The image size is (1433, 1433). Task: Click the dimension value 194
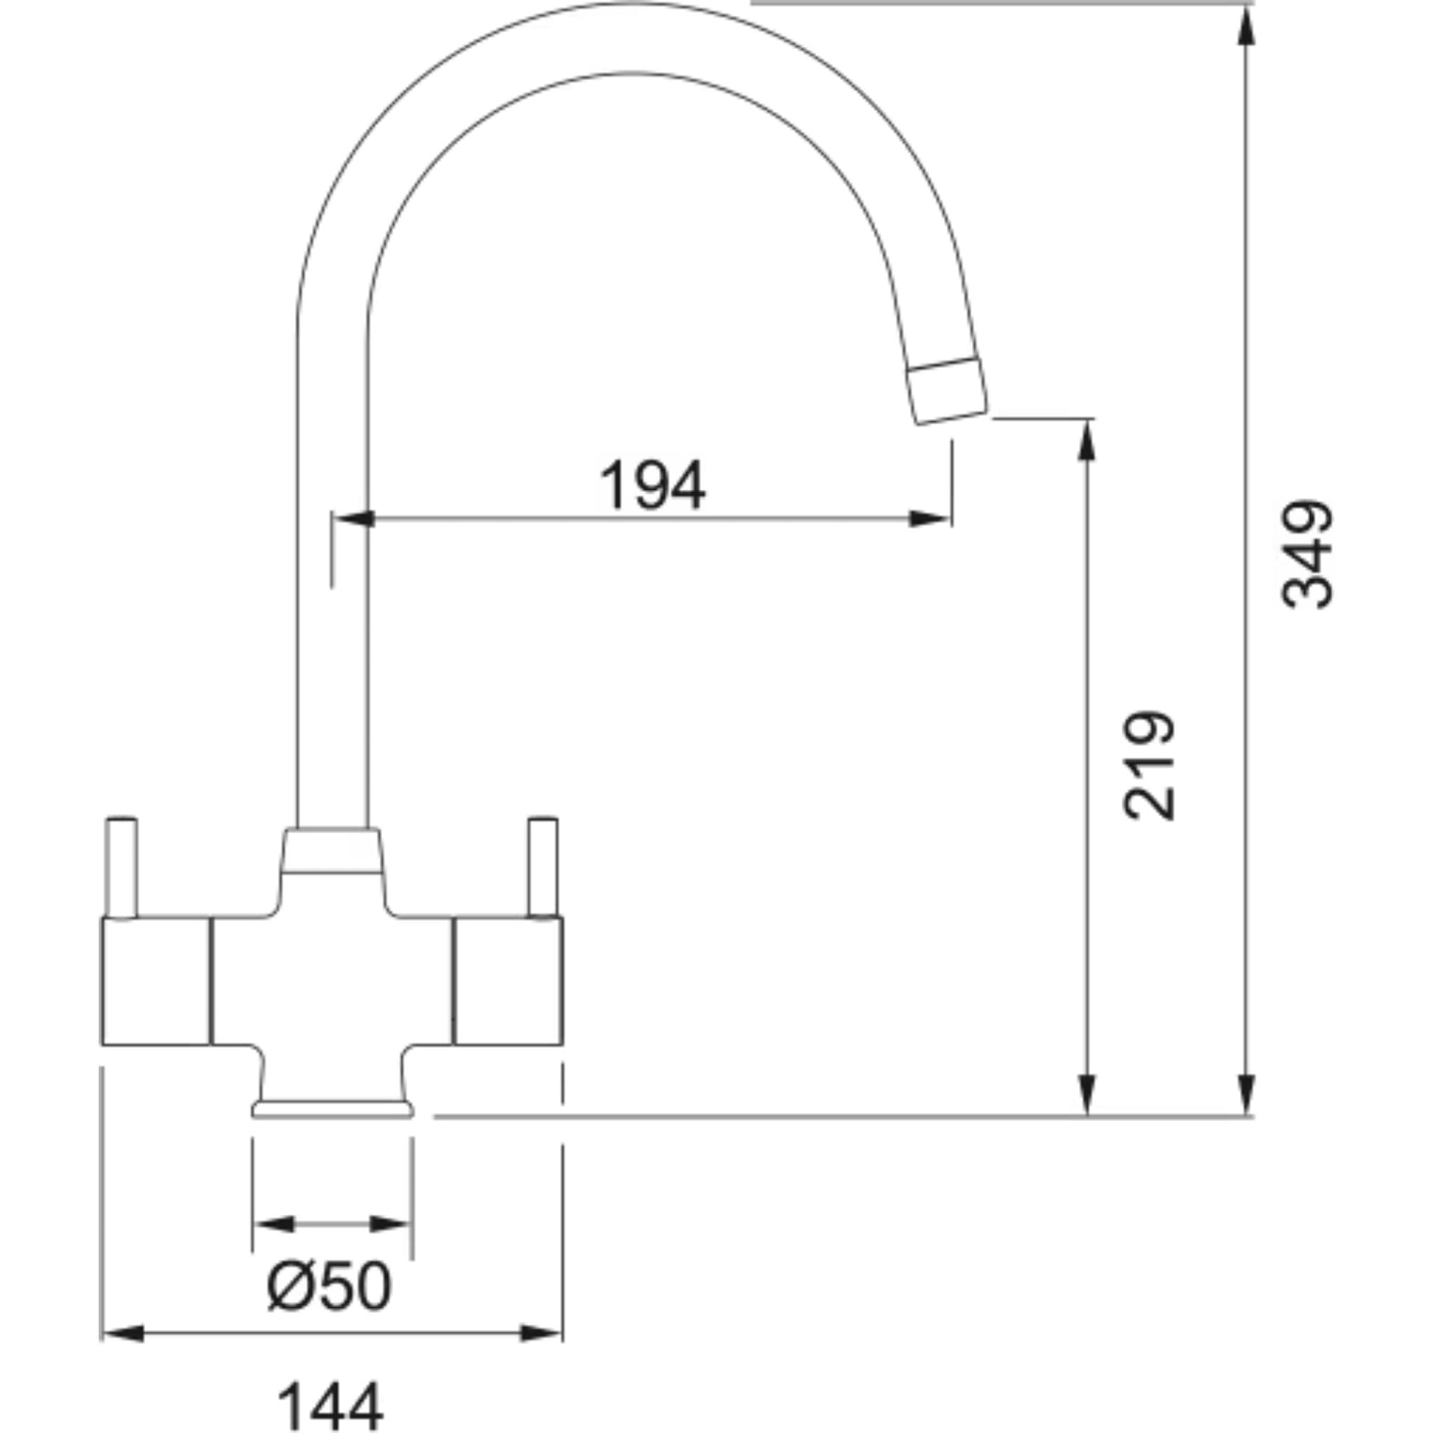(652, 486)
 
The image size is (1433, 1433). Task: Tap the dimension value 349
(1308, 554)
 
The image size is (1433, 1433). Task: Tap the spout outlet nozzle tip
(949, 391)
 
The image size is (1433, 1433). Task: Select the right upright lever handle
(542, 868)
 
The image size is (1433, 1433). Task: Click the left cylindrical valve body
(156, 982)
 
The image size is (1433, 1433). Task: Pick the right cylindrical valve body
(508, 982)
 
